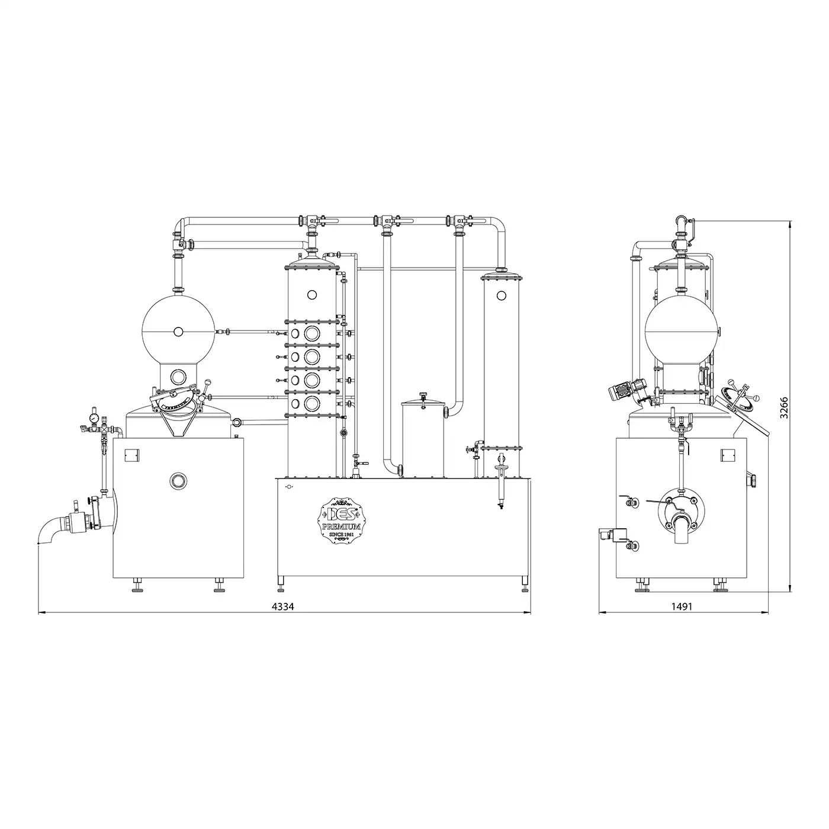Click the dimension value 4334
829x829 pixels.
(x=282, y=606)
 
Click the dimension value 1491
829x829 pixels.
(x=682, y=606)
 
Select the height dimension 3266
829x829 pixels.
(x=784, y=407)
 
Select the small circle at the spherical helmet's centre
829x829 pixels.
(x=178, y=331)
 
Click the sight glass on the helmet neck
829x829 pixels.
(x=176, y=377)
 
